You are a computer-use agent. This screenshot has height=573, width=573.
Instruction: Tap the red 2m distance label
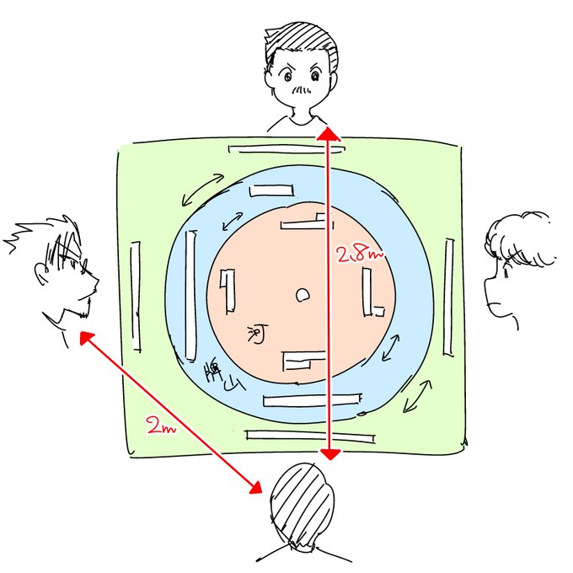click(160, 427)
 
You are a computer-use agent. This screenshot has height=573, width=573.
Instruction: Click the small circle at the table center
click(302, 295)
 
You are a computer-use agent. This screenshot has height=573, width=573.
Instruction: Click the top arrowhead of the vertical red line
click(328, 132)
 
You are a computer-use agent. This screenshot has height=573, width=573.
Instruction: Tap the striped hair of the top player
click(301, 42)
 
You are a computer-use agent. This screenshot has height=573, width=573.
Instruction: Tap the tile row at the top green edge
click(286, 149)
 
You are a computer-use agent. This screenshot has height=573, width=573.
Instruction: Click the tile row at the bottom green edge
click(309, 436)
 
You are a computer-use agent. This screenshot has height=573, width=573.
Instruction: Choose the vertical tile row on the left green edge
click(136, 296)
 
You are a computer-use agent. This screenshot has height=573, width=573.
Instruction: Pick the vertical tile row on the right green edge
click(448, 297)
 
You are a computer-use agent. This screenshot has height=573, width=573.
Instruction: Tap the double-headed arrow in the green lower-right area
click(418, 395)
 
